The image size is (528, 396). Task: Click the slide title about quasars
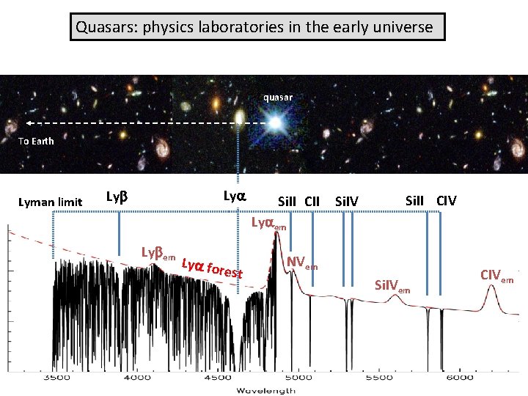pyautogui.click(x=260, y=29)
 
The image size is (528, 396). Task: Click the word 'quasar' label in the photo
pyautogui.click(x=278, y=97)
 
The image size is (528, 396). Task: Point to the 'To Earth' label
pyautogui.click(x=36, y=141)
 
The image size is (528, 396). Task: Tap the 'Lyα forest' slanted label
pyautogui.click(x=212, y=268)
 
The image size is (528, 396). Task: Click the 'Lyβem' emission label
pyautogui.click(x=158, y=254)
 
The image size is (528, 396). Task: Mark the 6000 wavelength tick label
pyautogui.click(x=458, y=378)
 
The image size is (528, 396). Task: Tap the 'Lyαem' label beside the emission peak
pyautogui.click(x=269, y=223)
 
